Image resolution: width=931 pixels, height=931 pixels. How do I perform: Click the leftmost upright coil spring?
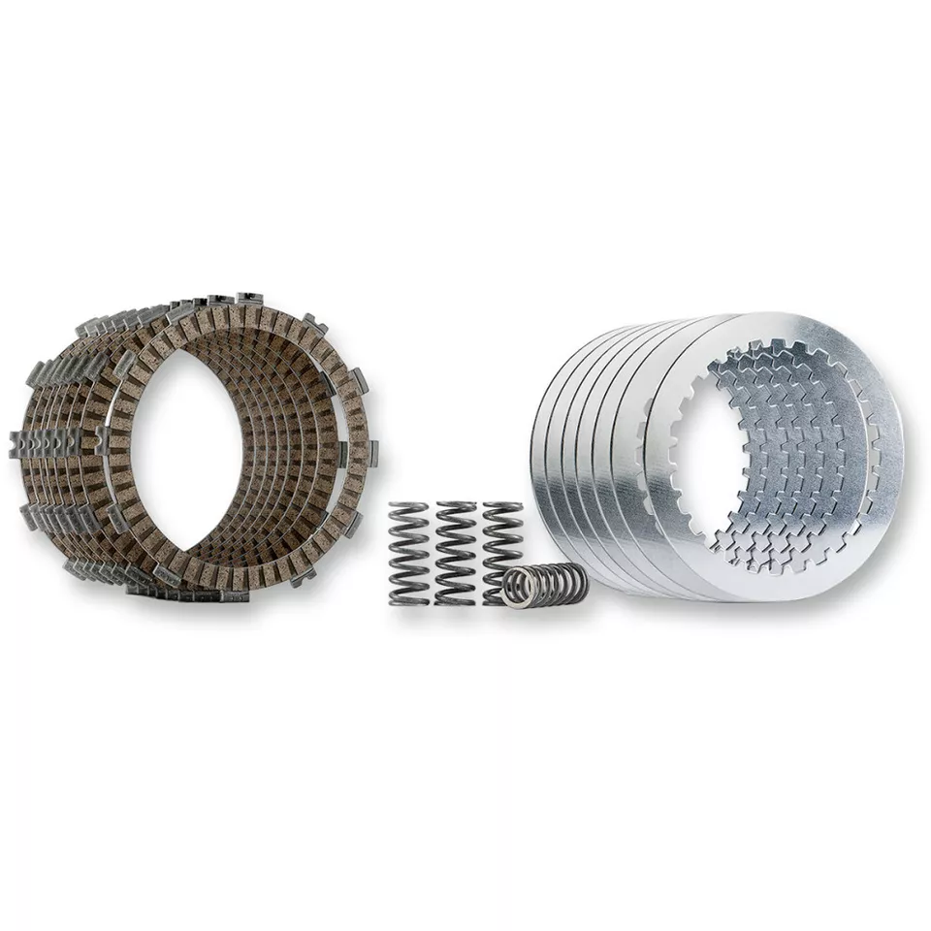point(408,553)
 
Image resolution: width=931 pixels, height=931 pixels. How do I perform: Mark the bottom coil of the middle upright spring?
point(456,599)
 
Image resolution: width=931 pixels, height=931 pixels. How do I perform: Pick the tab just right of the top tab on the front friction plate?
point(312,322)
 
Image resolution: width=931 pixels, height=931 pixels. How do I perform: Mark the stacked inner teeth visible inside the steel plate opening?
point(776,465)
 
